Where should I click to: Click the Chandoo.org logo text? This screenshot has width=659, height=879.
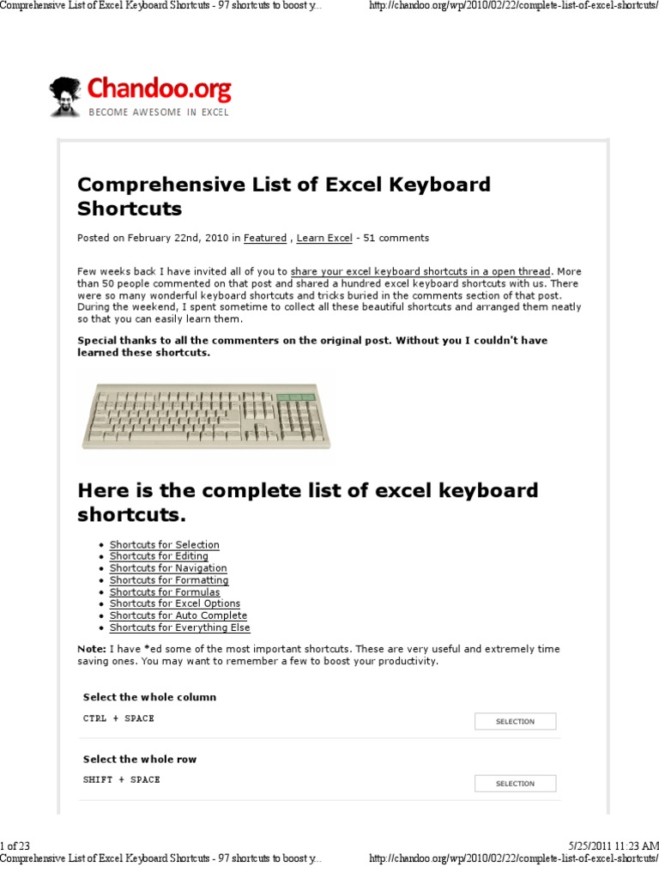pos(159,88)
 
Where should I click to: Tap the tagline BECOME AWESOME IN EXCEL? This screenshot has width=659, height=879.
pos(158,112)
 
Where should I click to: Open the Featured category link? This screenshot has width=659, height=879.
pos(264,238)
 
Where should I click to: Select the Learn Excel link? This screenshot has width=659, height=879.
pos(324,238)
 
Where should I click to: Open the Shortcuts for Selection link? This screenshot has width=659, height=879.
pos(164,545)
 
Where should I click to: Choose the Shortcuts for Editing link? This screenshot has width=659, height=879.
pos(158,556)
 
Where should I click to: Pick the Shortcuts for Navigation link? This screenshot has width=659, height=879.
pos(168,568)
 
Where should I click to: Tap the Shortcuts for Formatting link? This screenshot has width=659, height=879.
pos(169,580)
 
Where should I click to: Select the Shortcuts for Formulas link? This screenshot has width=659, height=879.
pos(164,592)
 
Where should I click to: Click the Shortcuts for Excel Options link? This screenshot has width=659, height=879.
pos(174,604)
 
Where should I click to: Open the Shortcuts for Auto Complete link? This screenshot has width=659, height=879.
pos(178,615)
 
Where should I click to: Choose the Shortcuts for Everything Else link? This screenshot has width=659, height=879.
pos(180,627)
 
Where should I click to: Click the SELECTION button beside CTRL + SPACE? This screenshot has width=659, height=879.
pos(515,722)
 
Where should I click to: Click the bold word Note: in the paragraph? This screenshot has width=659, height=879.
pos(93,650)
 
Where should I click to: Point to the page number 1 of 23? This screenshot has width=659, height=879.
pos(15,846)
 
